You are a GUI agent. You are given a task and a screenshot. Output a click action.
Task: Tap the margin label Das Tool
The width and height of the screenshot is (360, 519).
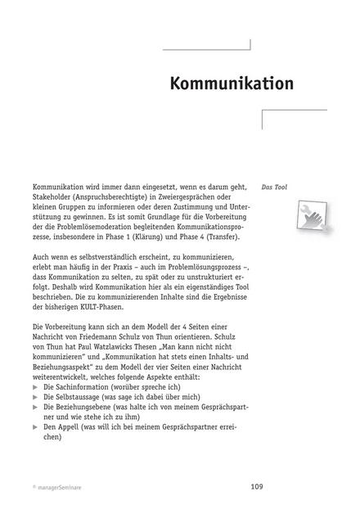pos(272,187)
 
